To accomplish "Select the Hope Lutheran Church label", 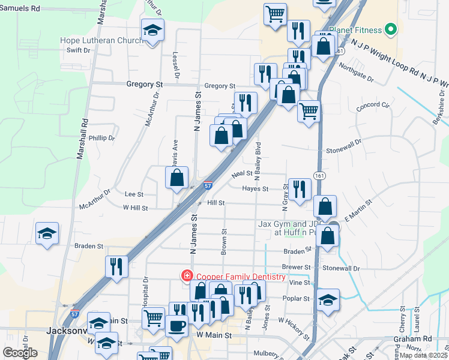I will pyautogui.click(x=100, y=41).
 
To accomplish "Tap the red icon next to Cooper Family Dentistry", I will pyautogui.click(x=187, y=276).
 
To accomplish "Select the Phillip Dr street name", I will pyautogui.click(x=101, y=138).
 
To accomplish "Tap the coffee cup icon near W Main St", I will pyautogui.click(x=176, y=326).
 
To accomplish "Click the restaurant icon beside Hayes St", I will pyautogui.click(x=300, y=189).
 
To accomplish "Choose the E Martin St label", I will pyautogui.click(x=358, y=212).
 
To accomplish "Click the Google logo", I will pyautogui.click(x=20, y=353).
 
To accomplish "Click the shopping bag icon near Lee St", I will pyautogui.click(x=177, y=178).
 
